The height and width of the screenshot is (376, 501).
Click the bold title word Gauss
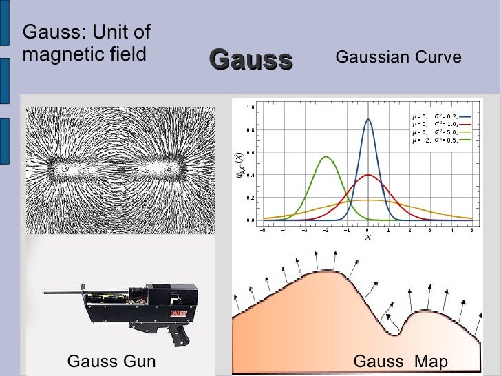(250, 60)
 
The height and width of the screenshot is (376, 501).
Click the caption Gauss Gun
(111, 362)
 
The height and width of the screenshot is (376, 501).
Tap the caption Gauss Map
(401, 362)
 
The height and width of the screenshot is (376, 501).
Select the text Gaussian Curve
(398, 58)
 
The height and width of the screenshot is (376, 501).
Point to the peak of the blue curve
(368, 120)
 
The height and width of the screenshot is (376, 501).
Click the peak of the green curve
(326, 157)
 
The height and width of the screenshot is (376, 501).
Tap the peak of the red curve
(368, 175)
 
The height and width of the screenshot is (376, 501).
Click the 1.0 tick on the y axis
(250, 108)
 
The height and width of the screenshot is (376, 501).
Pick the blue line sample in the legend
(465, 116)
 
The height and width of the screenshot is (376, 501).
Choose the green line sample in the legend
(465, 140)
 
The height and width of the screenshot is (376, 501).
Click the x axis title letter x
(367, 237)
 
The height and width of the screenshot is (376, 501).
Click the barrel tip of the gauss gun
(46, 292)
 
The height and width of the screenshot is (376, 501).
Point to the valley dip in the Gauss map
(394, 334)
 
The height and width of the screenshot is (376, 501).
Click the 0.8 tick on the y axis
(250, 130)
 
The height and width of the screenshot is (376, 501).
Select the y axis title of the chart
(240, 165)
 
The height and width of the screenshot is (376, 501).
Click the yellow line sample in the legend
(465, 132)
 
